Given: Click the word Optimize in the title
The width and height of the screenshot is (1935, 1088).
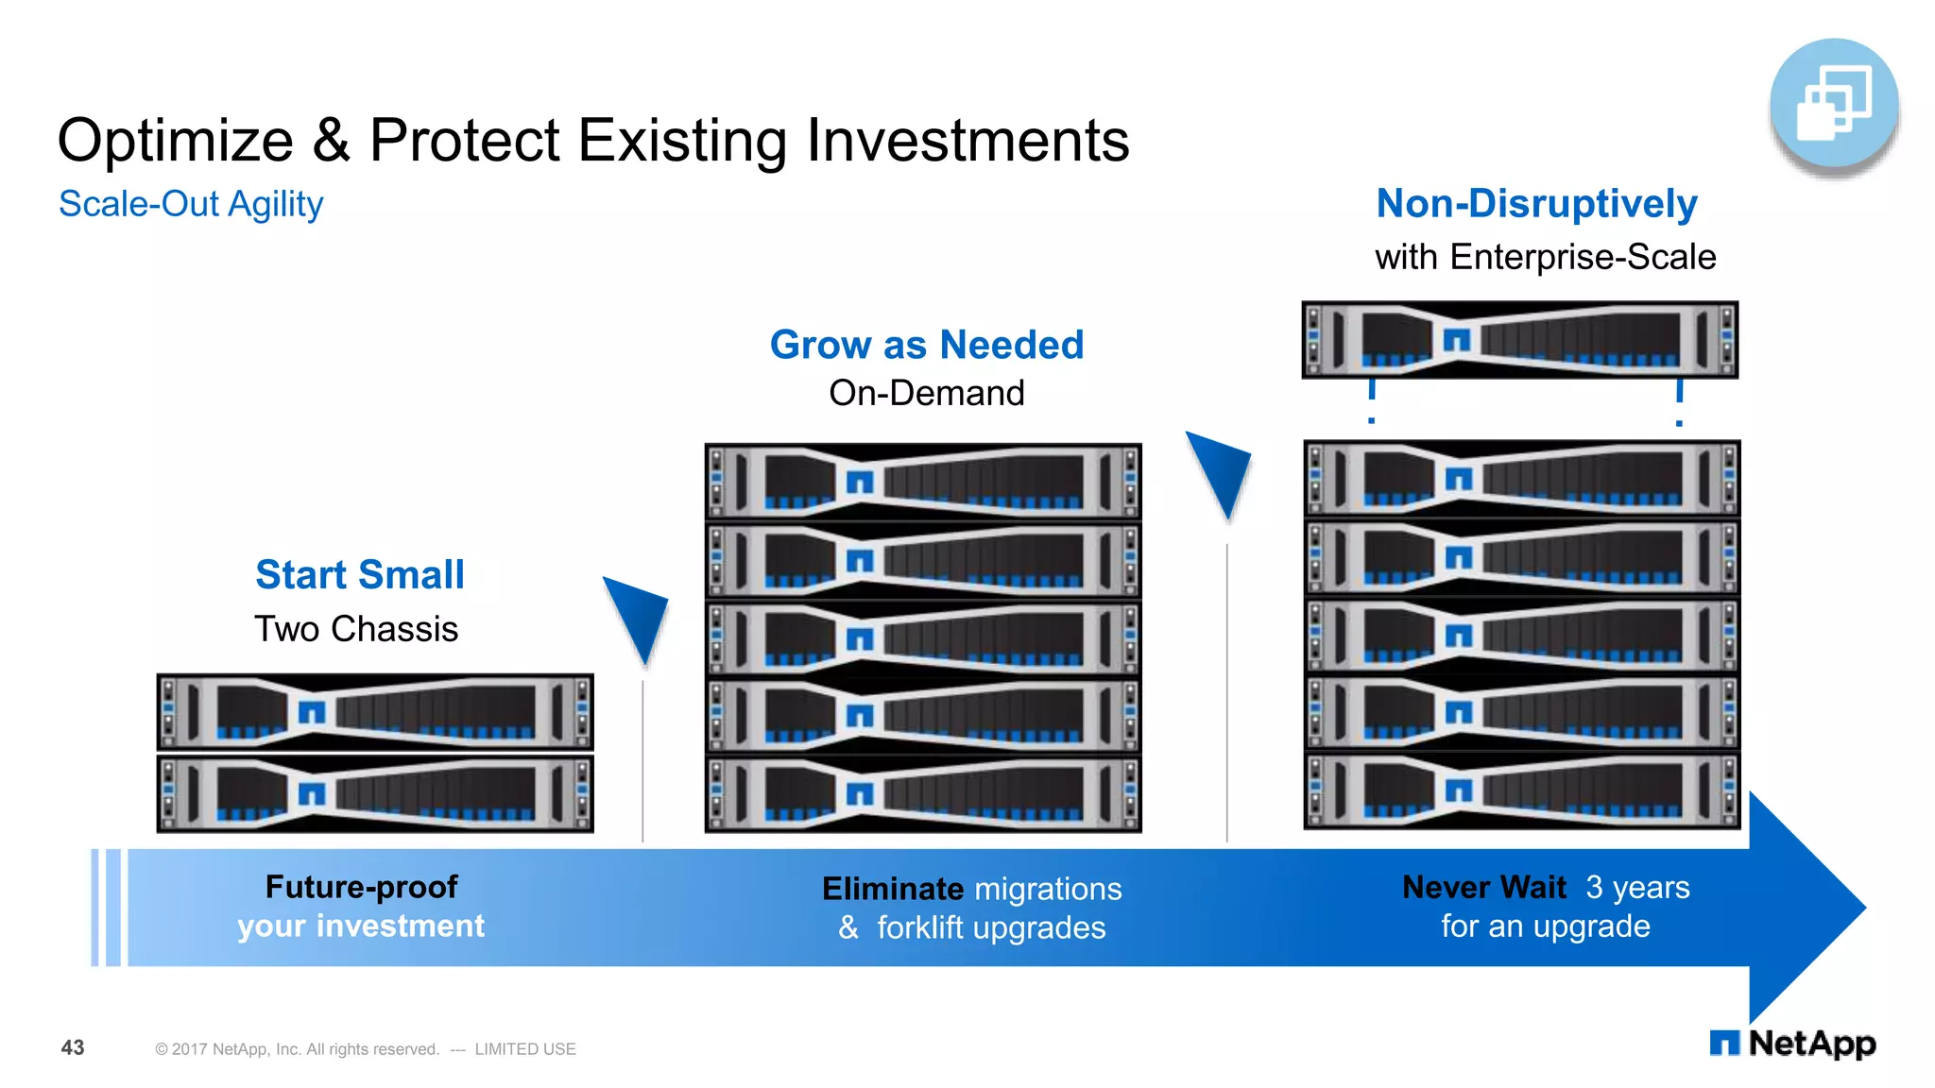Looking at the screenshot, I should (175, 142).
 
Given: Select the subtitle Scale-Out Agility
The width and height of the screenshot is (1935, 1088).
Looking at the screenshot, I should (191, 204).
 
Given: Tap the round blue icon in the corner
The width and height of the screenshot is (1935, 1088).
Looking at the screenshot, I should (1833, 104).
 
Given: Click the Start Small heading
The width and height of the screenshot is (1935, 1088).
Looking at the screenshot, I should (360, 574).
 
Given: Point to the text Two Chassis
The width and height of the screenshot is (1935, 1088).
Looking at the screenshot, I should (356, 629).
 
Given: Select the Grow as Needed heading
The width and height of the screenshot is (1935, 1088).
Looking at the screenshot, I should (926, 345).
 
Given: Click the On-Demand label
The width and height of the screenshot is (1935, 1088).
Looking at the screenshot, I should (926, 393).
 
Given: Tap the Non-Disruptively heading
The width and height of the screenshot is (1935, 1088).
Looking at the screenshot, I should (1536, 204).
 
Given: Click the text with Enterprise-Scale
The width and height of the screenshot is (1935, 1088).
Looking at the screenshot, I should (1545, 257).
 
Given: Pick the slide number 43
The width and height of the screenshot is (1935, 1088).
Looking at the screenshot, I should (73, 1047).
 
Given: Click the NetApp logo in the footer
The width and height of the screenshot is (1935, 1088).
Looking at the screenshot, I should (1792, 1044).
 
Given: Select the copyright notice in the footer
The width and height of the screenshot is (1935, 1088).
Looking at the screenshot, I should (365, 1049).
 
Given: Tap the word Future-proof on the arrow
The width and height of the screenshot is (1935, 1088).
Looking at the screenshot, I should (361, 887).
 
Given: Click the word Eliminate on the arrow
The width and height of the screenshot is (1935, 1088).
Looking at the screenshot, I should (892, 889).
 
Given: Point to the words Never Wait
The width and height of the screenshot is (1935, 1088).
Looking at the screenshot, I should (1483, 887).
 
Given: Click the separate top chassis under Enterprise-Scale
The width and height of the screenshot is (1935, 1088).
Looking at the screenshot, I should (1519, 340).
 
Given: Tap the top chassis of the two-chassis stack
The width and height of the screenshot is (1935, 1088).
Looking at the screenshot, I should (375, 712).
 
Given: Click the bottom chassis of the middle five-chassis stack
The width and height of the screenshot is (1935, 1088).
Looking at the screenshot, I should (923, 793).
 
